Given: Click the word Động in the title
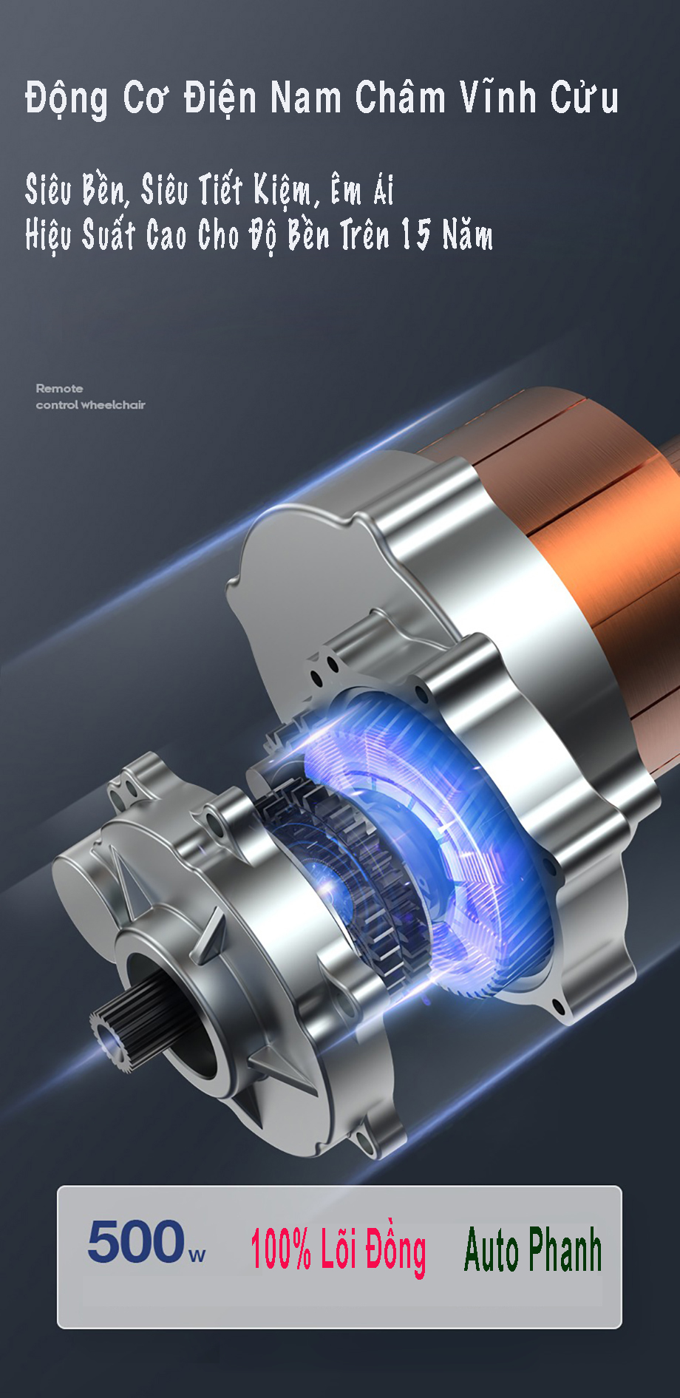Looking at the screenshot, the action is pyautogui.click(x=66, y=98).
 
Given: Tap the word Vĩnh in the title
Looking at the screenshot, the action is pyautogui.click(x=498, y=96).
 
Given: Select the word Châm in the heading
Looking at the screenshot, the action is pyautogui.click(x=400, y=96).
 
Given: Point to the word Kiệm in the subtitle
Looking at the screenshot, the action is pyautogui.click(x=285, y=191).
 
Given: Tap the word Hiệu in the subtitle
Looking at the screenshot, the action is pyautogui.click(x=50, y=236).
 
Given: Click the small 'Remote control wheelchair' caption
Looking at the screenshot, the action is pyautogui.click(x=90, y=396).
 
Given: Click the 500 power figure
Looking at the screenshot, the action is pyautogui.click(x=136, y=1241).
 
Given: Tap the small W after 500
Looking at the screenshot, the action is pyautogui.click(x=197, y=1255).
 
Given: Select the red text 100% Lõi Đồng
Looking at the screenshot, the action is pyautogui.click(x=338, y=1249).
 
